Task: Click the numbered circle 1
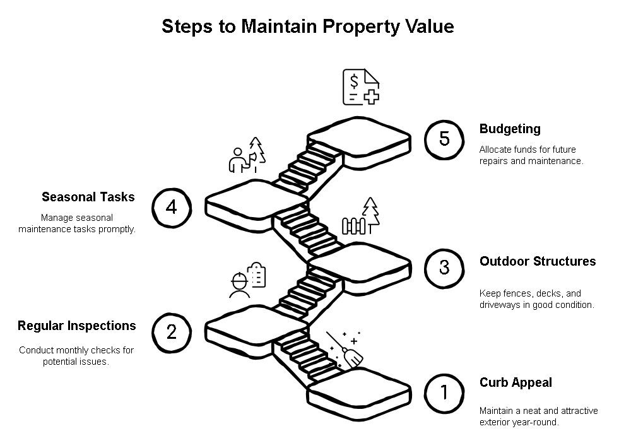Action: point(444,392)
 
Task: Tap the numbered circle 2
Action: point(172,332)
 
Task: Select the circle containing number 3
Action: point(444,267)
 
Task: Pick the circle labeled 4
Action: point(172,207)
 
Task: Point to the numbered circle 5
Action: point(444,139)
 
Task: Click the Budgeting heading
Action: point(510,129)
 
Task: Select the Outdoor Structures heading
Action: point(537,261)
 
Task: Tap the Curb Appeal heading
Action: point(516,382)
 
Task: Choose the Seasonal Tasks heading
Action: point(88,197)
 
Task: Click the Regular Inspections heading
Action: point(76,326)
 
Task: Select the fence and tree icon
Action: point(362,217)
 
